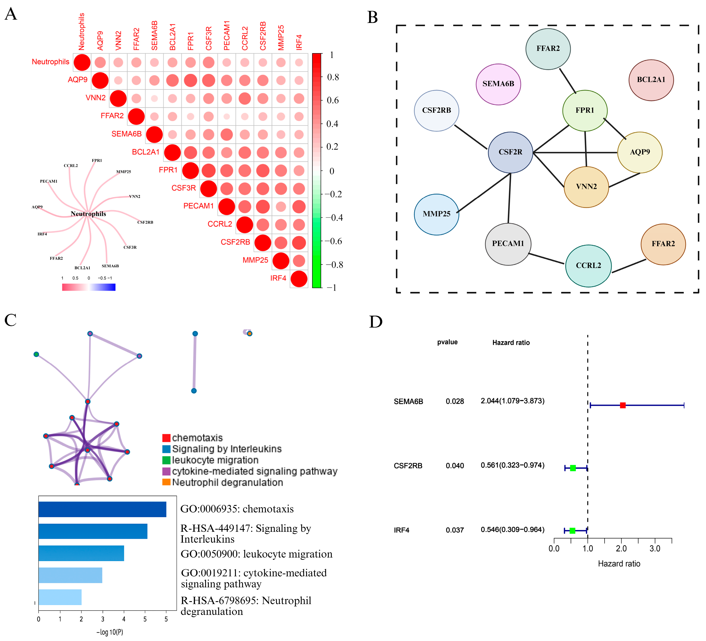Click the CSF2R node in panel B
pos(510,152)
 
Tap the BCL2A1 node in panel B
pos(651,80)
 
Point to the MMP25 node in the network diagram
pos(436,214)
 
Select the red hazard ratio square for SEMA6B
pos(622,405)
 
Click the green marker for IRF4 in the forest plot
pos(572,531)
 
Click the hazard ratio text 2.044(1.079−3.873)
pos(512,401)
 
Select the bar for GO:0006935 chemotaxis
pos(102,509)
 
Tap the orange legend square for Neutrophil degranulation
pos(166,482)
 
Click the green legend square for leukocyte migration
pos(166,460)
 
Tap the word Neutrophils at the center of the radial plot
pos(88,214)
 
